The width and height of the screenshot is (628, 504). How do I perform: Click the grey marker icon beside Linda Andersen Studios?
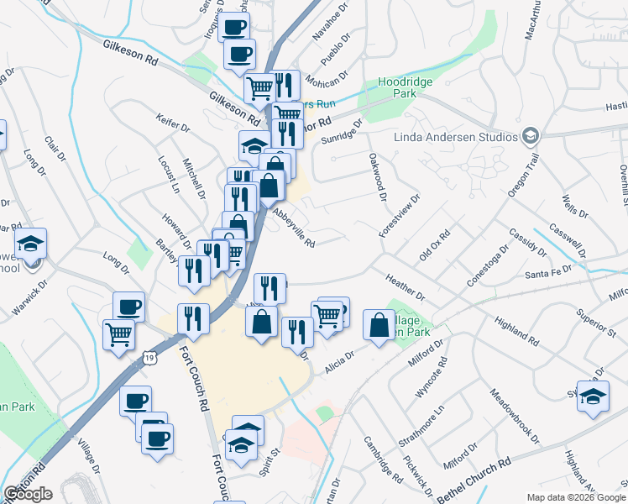(x=530, y=135)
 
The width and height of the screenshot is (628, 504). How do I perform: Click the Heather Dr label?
(x=406, y=288)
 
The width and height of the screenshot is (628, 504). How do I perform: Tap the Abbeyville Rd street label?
(x=293, y=228)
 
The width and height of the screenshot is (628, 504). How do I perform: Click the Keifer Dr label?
(x=173, y=124)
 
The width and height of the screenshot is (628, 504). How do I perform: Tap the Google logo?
(x=28, y=493)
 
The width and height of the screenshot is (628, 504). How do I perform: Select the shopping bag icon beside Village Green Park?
(x=379, y=325)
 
